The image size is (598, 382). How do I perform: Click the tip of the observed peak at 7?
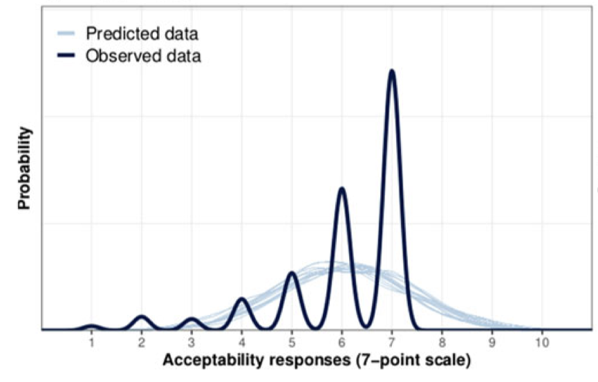pyautogui.click(x=392, y=71)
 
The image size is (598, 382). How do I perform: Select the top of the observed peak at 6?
pyautogui.click(x=342, y=189)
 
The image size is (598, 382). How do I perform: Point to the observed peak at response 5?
pyautogui.click(x=292, y=273)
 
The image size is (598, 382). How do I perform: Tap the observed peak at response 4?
pyautogui.click(x=241, y=299)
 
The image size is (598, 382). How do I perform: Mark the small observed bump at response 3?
pyautogui.click(x=191, y=319)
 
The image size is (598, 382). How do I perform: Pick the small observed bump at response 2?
pyautogui.click(x=142, y=317)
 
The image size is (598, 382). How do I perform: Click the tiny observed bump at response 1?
pyautogui.click(x=91, y=326)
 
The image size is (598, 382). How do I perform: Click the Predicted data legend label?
pyautogui.click(x=142, y=33)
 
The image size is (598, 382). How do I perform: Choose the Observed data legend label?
pyautogui.click(x=143, y=56)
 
